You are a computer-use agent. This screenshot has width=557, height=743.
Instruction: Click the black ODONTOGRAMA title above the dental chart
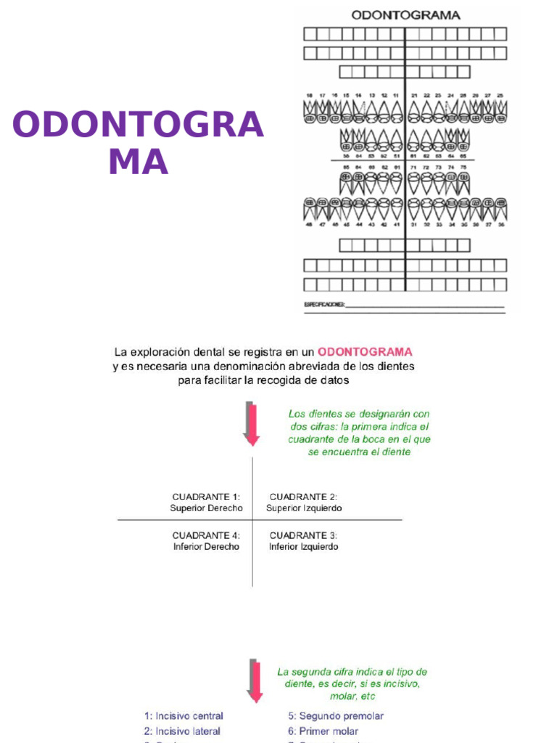pyautogui.click(x=405, y=15)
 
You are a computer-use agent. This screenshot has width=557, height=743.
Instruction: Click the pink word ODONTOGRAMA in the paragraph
pyautogui.click(x=365, y=352)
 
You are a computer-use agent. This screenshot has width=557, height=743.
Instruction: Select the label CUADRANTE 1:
pyautogui.click(x=206, y=497)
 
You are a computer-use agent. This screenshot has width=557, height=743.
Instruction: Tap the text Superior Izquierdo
pyautogui.click(x=304, y=508)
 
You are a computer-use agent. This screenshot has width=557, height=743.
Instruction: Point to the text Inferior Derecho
pyautogui.click(x=206, y=546)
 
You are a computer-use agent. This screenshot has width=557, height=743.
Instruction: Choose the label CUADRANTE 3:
pyautogui.click(x=303, y=535)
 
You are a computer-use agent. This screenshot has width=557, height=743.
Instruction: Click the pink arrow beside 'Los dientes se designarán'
pyautogui.click(x=252, y=424)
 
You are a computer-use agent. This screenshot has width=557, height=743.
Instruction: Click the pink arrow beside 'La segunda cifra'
pyautogui.click(x=254, y=680)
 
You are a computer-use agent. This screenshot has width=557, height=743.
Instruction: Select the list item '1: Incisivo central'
pyautogui.click(x=183, y=715)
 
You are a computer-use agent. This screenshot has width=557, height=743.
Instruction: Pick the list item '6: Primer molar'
pyautogui.click(x=323, y=731)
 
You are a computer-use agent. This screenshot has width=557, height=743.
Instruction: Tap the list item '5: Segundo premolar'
pyautogui.click(x=336, y=715)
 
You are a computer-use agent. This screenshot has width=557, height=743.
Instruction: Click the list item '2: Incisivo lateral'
pyautogui.click(x=182, y=731)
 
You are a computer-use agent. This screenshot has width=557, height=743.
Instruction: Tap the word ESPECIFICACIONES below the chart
pyautogui.click(x=324, y=305)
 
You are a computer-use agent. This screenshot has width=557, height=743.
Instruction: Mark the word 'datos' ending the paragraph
pyautogui.click(x=334, y=380)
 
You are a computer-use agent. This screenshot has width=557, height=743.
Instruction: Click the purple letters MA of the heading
pyautogui.click(x=138, y=162)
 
